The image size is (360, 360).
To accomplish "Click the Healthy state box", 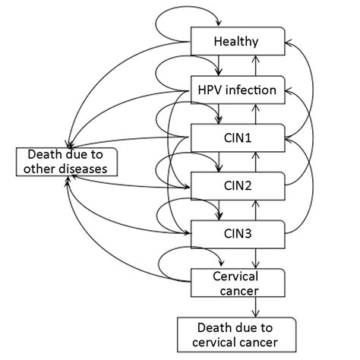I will pos(238,42).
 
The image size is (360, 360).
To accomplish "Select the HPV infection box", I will pos(238,90).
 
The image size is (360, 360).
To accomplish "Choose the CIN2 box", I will pos(238,184).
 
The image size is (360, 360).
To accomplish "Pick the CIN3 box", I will pos(238,231).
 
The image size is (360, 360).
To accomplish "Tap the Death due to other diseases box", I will pos(68,161).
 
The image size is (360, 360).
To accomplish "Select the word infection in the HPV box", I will pos(254,90).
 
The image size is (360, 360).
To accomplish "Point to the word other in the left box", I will pos(42,169).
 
